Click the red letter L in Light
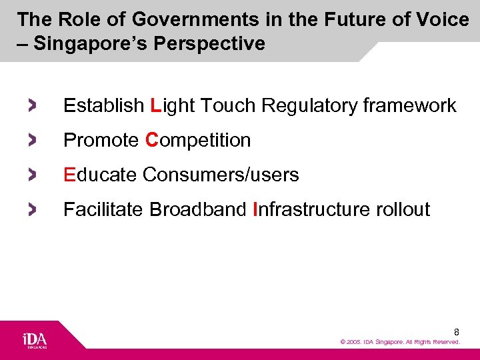click(156, 105)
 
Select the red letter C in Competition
click(151, 140)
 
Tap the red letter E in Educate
click(69, 175)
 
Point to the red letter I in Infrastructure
click(256, 209)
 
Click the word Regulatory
click(309, 105)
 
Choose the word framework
click(410, 105)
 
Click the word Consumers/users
click(221, 175)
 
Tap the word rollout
click(403, 209)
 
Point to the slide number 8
click(457, 332)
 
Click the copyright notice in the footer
click(400, 342)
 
